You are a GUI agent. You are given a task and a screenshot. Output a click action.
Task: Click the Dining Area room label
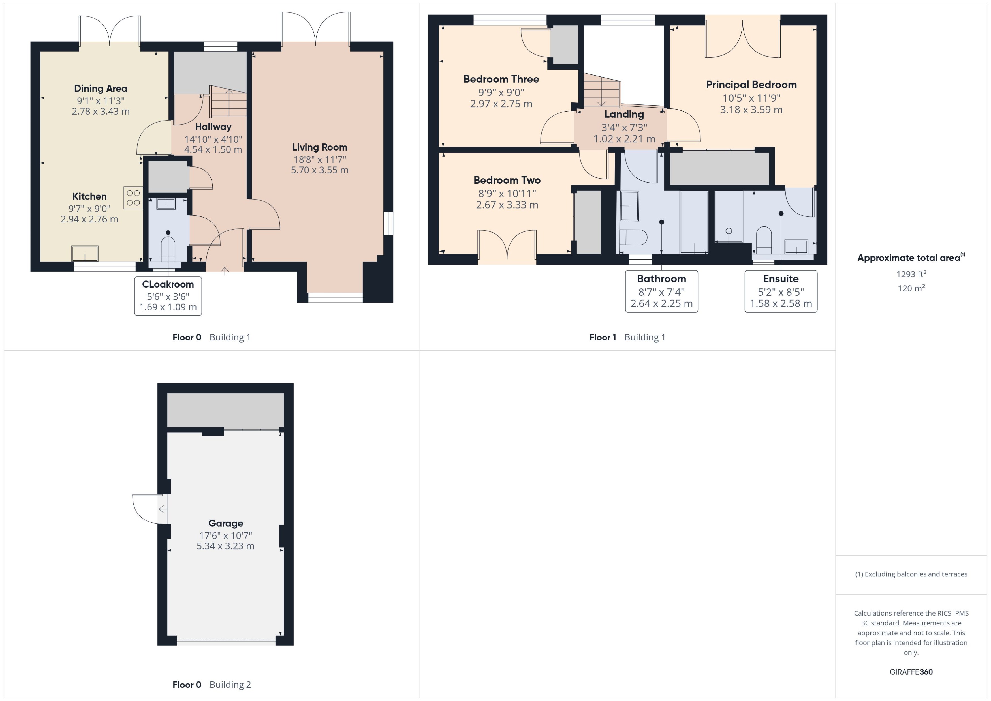pos(101,89)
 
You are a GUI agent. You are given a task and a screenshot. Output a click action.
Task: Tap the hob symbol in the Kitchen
pos(133,198)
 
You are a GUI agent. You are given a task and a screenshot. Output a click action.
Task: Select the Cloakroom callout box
pos(168,296)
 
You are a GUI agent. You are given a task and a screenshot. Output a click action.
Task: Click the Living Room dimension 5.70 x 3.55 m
pos(320,170)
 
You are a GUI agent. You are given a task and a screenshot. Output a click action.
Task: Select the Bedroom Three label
pos(501,79)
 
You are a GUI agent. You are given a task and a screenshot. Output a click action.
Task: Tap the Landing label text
pos(624,114)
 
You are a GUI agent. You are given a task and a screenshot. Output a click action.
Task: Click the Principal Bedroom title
pos(751,85)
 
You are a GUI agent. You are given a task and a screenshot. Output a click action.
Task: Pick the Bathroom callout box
pos(661,291)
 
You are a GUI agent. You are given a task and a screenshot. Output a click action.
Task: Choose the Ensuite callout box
pos(781,291)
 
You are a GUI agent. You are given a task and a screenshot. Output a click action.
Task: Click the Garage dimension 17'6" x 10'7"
pos(225,535)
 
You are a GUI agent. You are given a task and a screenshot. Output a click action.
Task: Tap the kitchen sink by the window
pos(85,254)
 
